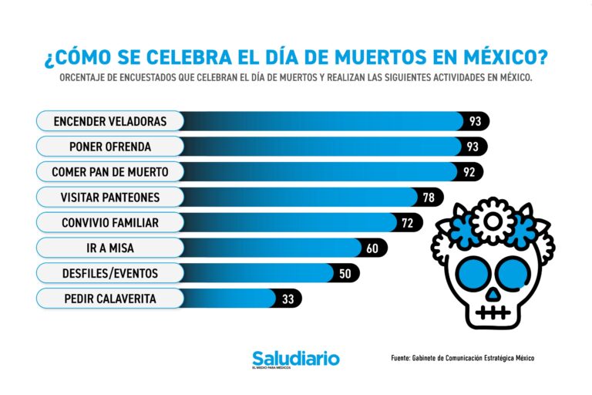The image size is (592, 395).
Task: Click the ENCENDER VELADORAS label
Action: tap(109, 121)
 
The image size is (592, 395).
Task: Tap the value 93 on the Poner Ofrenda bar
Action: tap(473, 147)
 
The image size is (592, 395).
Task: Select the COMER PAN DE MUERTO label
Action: tap(109, 171)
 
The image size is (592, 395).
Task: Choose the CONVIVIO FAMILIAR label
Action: tap(109, 223)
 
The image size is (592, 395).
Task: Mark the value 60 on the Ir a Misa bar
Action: tap(372, 248)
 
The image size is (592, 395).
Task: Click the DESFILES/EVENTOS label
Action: tap(109, 273)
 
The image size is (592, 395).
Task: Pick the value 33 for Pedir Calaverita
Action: tap(288, 299)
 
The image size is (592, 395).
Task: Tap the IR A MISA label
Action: tap(109, 248)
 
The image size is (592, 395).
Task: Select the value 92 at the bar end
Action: tap(469, 172)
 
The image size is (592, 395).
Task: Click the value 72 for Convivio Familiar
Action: tap(408, 223)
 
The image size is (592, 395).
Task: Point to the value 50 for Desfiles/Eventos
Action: tap(345, 274)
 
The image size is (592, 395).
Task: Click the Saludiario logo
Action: tap(295, 360)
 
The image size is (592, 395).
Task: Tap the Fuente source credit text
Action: tap(462, 358)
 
